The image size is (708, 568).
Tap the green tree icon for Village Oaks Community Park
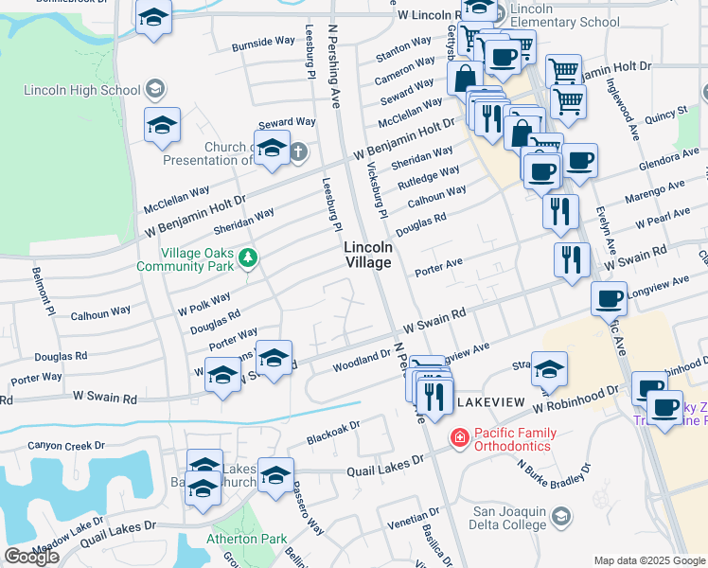pos(248,257)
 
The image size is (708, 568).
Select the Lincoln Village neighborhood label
pos(367,254)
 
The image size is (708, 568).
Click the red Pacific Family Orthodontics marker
pos(459,438)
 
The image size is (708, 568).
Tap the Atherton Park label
pos(246,539)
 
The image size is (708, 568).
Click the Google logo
pos(31,557)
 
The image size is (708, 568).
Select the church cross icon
pos(298,151)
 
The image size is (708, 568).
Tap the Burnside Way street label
pos(264,43)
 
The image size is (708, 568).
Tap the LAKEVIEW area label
pos(489,403)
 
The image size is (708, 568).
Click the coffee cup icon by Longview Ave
pos(609,298)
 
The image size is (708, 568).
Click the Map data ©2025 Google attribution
pos(649,560)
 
